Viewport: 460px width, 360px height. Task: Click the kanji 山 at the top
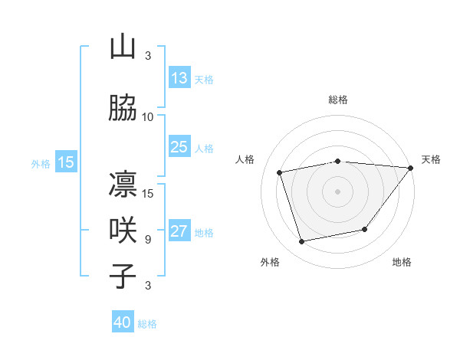click(123, 47)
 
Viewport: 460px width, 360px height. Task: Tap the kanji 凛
click(123, 185)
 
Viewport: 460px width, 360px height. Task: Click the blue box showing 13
click(179, 78)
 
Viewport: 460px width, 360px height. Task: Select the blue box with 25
click(179, 147)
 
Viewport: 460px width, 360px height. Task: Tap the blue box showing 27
click(179, 231)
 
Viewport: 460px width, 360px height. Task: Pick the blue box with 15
click(66, 162)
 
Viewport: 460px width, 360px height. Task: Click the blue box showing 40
click(123, 322)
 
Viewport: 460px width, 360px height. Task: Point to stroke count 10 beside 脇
click(148, 116)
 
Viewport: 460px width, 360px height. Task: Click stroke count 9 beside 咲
click(147, 240)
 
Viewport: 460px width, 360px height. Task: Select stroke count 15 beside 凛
click(148, 193)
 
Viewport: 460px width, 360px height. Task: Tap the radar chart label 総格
click(338, 100)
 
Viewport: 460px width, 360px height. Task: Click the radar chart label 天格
click(431, 159)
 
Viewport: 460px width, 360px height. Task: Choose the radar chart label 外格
click(270, 262)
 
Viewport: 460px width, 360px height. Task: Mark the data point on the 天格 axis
click(410, 168)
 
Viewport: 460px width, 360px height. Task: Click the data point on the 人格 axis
click(280, 172)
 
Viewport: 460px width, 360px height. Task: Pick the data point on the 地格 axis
click(365, 229)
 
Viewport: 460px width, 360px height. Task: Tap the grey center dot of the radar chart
click(338, 191)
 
